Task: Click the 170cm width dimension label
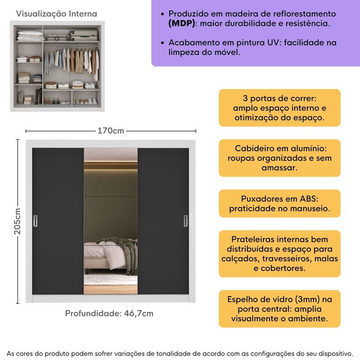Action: click(111, 131)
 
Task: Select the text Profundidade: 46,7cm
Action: click(109, 313)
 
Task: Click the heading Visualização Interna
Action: click(57, 14)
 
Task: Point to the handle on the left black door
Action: click(35, 220)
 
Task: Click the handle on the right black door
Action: click(185, 220)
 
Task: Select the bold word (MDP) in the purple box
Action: click(182, 23)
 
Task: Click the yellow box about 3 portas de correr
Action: click(279, 108)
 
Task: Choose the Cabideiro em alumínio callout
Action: click(279, 158)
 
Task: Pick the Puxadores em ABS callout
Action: click(279, 203)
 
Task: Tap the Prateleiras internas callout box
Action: click(279, 253)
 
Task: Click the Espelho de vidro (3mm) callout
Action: click(279, 309)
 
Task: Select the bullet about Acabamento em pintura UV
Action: click(252, 47)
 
